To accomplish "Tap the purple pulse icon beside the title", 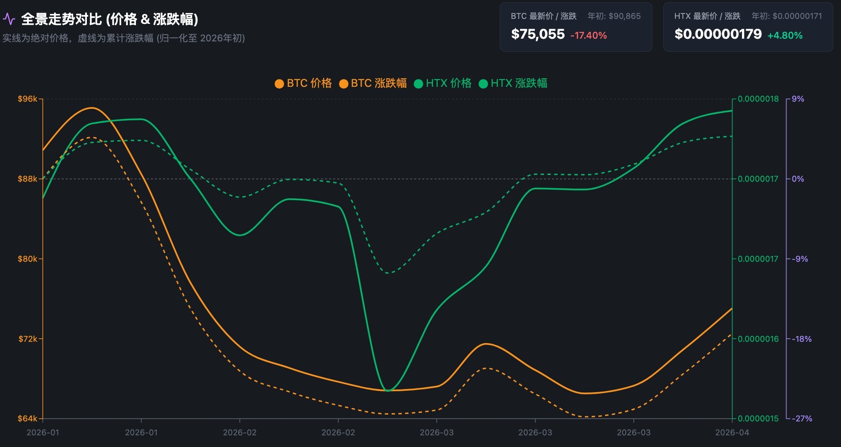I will point(9,19).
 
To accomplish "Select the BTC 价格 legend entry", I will point(303,83).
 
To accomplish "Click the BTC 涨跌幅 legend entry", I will point(373,83).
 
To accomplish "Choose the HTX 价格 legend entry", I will point(443,83).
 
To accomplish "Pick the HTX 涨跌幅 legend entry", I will point(513,83).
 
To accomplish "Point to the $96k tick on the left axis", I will point(27,99).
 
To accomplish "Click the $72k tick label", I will point(27,339).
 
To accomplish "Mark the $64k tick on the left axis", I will point(27,419).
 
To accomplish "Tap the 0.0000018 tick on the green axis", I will point(758,99).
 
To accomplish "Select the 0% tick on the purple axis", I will point(798,179).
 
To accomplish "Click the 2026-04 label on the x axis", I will point(732,433).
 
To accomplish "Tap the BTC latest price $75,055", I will point(538,34).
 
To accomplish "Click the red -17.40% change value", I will point(588,36).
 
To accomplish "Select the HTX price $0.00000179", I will point(718,34).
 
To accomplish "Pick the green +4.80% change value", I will point(785,36).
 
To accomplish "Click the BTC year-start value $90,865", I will point(624,16).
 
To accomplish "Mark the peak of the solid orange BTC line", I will point(92,107).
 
